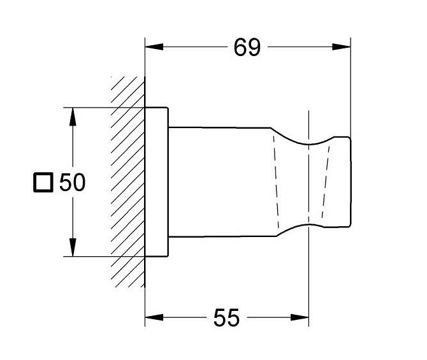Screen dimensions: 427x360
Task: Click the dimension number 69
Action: [247, 47]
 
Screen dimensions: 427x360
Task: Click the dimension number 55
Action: [227, 317]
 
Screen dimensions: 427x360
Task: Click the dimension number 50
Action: [72, 182]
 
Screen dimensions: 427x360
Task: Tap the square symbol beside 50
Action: [43, 182]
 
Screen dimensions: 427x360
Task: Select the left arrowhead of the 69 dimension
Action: [154, 47]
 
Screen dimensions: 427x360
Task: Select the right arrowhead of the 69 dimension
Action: [342, 47]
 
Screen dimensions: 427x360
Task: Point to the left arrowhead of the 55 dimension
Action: [154, 317]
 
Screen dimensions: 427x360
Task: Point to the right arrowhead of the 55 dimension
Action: [300, 317]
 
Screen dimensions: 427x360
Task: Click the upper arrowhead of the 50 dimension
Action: [73, 117]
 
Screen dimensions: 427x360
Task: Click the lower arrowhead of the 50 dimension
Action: [73, 247]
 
